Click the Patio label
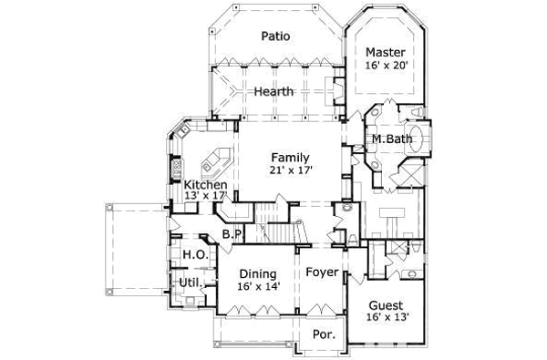pyautogui.click(x=274, y=37)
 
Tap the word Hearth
pyautogui.click(x=273, y=92)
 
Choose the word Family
pyautogui.click(x=288, y=157)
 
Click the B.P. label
pyautogui.click(x=232, y=234)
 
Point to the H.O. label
pyautogui.click(x=192, y=255)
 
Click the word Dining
pyautogui.click(x=258, y=273)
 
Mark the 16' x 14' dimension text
pyautogui.click(x=258, y=286)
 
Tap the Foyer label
pyautogui.click(x=322, y=273)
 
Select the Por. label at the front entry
pyautogui.click(x=323, y=334)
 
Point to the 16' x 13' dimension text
pyautogui.click(x=387, y=318)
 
